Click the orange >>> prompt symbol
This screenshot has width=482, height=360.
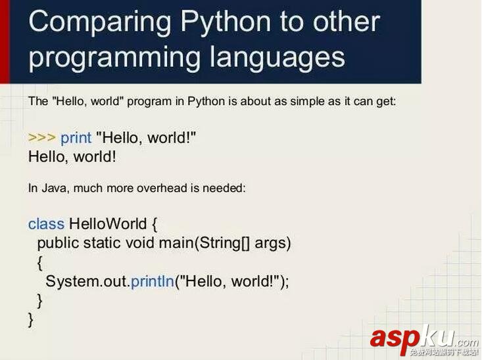41,138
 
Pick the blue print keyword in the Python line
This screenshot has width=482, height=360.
76,139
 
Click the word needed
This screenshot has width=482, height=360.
224,189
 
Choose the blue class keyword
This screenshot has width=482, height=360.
45,224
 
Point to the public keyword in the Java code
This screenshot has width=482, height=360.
58,243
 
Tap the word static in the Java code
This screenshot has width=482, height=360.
102,243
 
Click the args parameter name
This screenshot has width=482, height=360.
272,243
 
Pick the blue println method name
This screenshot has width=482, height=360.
152,281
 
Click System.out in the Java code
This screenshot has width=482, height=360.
86,281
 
